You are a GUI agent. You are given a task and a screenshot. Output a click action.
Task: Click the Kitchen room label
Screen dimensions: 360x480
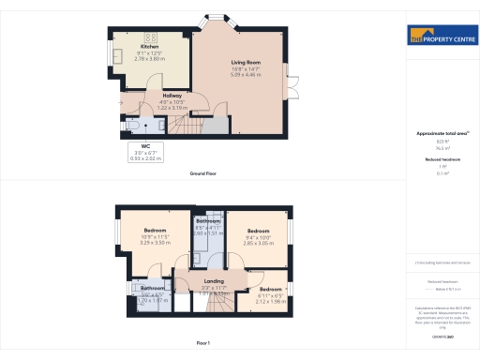click(149, 46)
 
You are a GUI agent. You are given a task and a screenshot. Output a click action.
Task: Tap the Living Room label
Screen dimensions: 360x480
click(245, 63)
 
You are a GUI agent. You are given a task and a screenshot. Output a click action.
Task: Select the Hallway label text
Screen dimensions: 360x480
click(172, 96)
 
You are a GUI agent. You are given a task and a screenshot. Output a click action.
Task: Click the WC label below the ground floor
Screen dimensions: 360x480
click(147, 146)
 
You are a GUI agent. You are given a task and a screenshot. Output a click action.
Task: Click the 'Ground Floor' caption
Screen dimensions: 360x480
click(204, 173)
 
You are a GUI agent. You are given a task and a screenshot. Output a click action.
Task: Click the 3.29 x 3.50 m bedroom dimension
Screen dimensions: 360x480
click(155, 242)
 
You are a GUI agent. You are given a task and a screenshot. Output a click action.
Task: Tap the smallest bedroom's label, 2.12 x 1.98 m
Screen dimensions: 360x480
click(270, 302)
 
